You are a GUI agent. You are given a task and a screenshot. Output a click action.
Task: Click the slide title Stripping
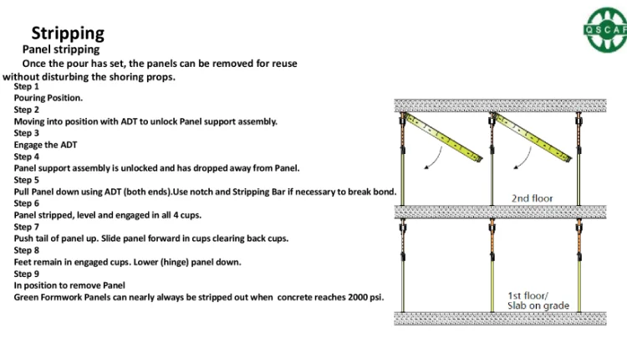pos(68,33)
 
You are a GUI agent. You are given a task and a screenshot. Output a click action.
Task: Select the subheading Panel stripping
pos(60,50)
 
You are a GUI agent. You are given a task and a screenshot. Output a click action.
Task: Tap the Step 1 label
pos(27,86)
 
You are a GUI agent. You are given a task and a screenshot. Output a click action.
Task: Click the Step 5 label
pos(27,180)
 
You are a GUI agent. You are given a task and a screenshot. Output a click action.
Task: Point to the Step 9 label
pos(27,274)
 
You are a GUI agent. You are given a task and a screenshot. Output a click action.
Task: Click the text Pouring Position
pos(48,98)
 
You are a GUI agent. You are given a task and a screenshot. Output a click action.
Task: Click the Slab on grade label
pos(539,305)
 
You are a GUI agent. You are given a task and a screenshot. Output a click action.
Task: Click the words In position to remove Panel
pos(69,285)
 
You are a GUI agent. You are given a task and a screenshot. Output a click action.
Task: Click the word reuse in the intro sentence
pos(281,64)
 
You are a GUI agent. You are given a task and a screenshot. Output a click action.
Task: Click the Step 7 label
pos(27,227)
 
